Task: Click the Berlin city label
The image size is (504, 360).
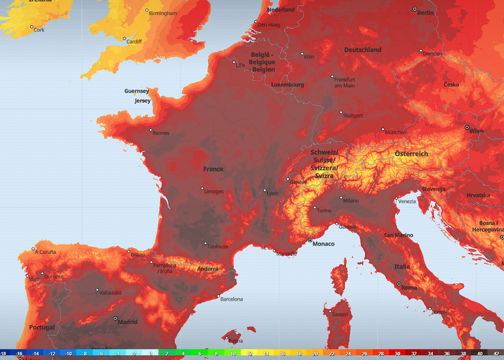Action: [x=426, y=13]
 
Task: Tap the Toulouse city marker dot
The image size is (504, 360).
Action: [x=206, y=243]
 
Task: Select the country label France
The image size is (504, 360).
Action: [x=213, y=169]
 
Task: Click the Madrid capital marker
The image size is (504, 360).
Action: [x=115, y=318]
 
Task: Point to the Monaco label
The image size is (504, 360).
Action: [x=323, y=244]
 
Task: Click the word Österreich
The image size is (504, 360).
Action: [x=411, y=154]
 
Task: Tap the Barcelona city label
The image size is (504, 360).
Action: [x=231, y=299]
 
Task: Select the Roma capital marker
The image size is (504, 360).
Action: [x=399, y=284]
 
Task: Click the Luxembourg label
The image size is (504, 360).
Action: [x=287, y=85]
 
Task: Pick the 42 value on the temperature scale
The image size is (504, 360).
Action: [x=496, y=354]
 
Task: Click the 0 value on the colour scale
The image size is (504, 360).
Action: [x=151, y=354]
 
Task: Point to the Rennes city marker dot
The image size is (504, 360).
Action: [x=151, y=130]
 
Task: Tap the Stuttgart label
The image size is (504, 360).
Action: [x=353, y=116]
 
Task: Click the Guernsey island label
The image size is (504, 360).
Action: [x=137, y=91]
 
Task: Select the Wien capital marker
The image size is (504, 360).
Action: [x=467, y=127]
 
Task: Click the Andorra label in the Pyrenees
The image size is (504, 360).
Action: [x=208, y=269]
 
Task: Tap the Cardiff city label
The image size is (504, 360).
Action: [x=134, y=42]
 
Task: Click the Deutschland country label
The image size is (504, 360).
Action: [x=363, y=50]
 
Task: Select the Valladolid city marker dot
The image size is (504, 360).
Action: [x=97, y=290]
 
